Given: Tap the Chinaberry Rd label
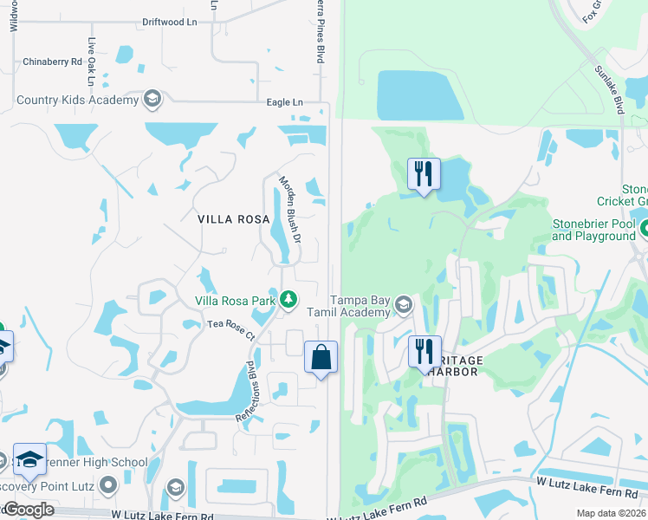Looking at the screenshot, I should [x=52, y=62].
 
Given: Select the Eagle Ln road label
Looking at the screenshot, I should [x=285, y=102].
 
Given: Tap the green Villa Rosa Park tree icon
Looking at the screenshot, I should [x=288, y=300].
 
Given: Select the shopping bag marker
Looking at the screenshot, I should [x=321, y=357].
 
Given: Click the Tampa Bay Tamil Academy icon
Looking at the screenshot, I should [x=403, y=304].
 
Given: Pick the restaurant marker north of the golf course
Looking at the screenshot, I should [x=424, y=174].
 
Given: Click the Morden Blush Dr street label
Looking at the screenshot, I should [x=289, y=209].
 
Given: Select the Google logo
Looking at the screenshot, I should [x=29, y=510].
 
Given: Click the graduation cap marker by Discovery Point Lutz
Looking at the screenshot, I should [x=30, y=459].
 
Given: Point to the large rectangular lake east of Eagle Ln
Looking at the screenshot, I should [x=420, y=94].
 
